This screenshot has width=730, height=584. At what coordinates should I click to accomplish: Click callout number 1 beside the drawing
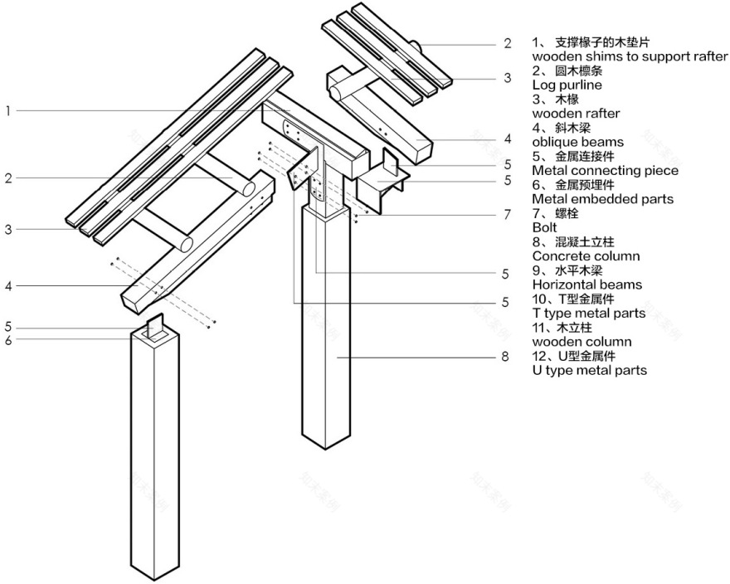7,110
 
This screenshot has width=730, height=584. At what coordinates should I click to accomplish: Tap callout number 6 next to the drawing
7,339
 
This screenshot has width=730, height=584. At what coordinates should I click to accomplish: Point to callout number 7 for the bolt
507,214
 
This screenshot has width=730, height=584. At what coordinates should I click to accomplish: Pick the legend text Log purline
567,85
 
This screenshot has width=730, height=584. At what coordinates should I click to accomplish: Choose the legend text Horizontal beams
586,285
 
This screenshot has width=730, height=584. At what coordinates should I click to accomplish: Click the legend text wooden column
581,342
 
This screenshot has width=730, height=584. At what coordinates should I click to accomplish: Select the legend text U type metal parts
589,370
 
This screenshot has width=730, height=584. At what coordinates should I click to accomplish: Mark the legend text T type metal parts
588,313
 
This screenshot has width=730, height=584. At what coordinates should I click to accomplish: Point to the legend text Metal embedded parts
602,199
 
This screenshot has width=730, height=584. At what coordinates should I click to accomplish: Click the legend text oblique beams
577,142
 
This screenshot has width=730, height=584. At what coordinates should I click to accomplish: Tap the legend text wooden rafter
576,113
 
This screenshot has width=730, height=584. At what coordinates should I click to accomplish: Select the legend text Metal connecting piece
605,170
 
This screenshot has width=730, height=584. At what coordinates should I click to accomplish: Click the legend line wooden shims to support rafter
630,56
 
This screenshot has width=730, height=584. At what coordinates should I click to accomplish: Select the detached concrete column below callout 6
155,456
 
